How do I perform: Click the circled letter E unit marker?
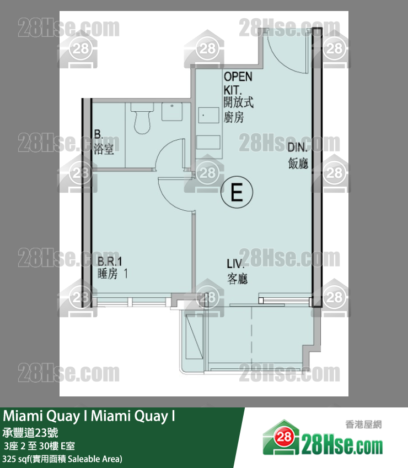[x=237, y=192]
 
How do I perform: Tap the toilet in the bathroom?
[x=142, y=118]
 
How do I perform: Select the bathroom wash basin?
[x=172, y=112]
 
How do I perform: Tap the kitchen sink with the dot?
[x=208, y=115]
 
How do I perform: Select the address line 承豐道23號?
[x=30, y=432]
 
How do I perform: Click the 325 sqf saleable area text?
[x=62, y=459]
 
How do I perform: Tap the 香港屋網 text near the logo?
[x=363, y=424]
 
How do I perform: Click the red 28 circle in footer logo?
[x=283, y=437]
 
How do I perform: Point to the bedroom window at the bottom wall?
[x=132, y=302]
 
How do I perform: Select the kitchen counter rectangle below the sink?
[x=208, y=142]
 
